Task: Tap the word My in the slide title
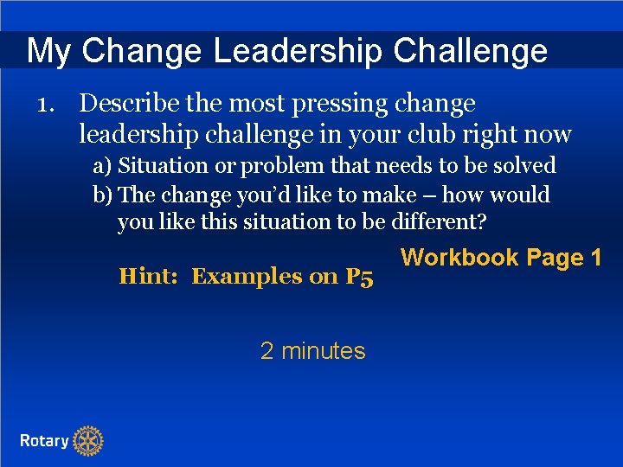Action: pos(48,51)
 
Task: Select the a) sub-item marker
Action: pos(103,165)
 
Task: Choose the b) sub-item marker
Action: pos(103,195)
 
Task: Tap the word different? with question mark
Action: pos(439,222)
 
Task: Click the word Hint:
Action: pos(150,277)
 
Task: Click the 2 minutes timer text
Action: pos(312,351)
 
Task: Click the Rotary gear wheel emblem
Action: pos(87,441)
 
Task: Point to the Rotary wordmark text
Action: pos(44,441)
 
